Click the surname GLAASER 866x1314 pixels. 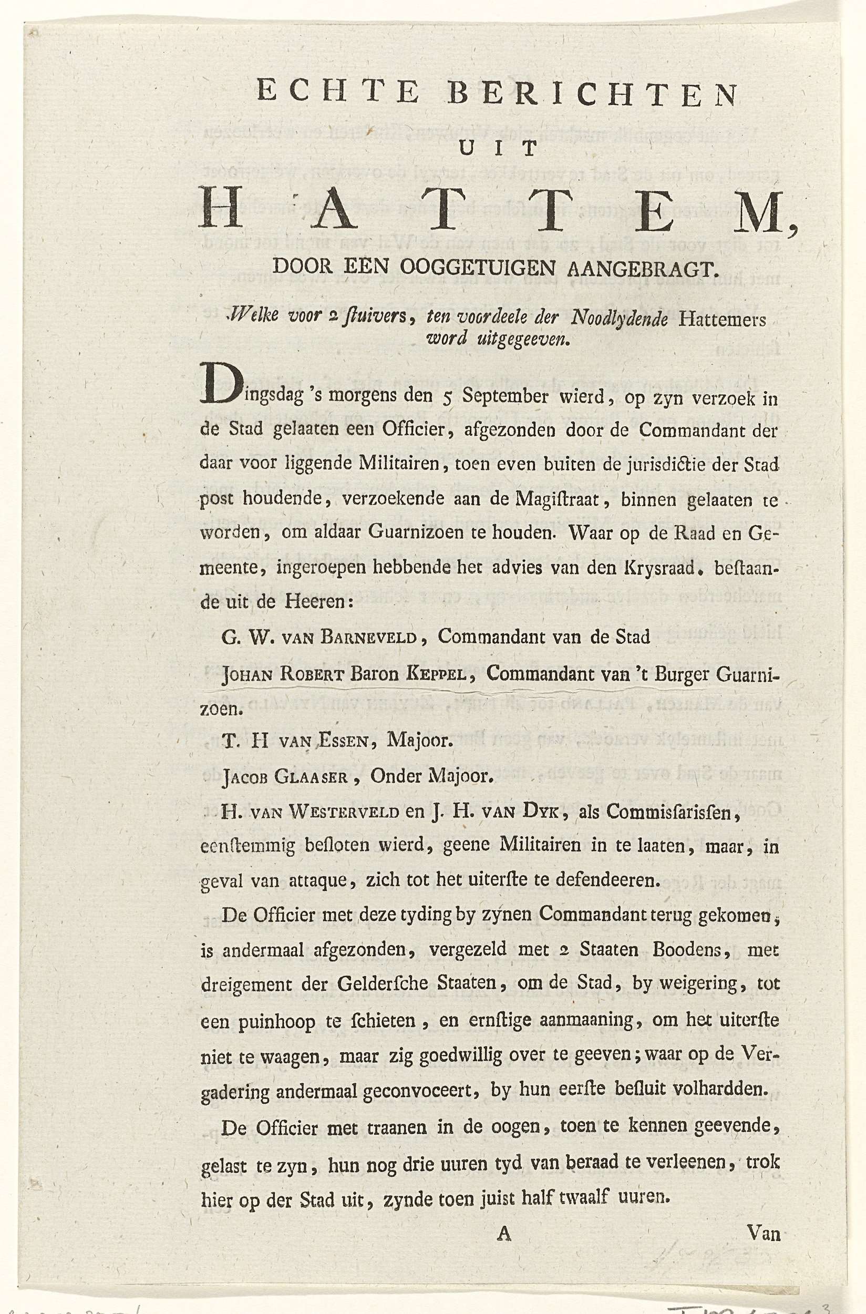coord(315,778)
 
